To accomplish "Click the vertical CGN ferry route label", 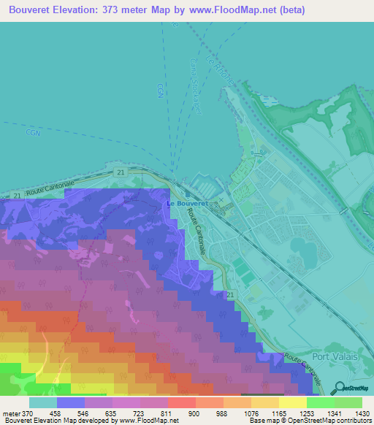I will (x=160, y=90).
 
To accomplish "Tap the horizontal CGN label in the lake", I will (x=32, y=133).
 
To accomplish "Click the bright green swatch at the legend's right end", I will (x=348, y=402).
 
